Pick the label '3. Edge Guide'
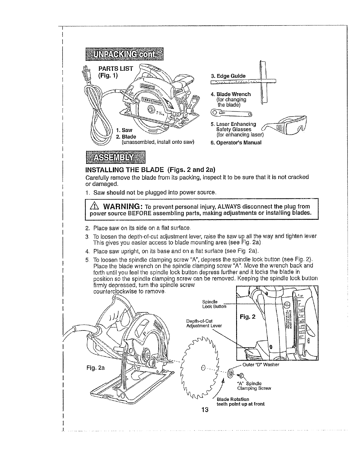[x=228, y=76]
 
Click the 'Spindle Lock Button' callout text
[x=214, y=304]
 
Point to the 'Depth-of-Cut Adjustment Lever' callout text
[x=204, y=323]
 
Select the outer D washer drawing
[x=231, y=374]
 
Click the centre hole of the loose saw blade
[x=203, y=368]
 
